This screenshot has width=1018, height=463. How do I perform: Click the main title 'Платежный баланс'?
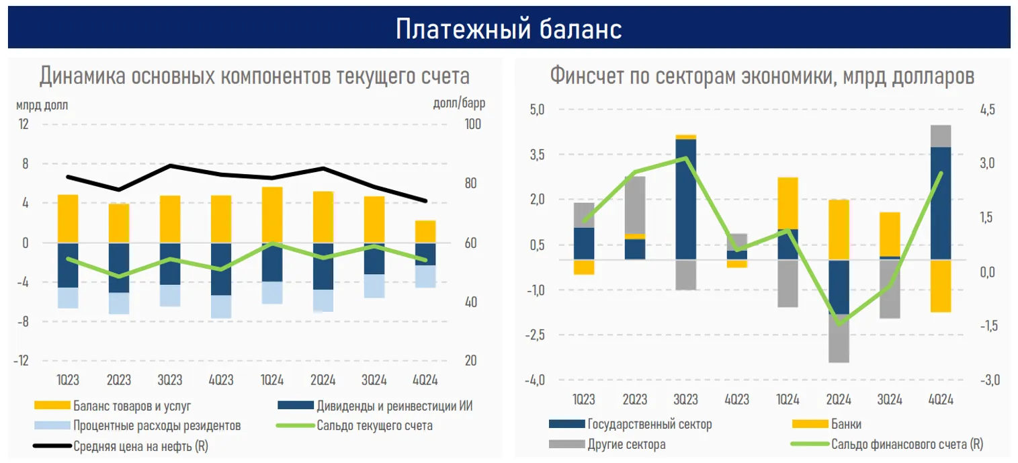pos(509,28)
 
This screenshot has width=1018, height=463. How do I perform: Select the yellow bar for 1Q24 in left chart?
pos(272,214)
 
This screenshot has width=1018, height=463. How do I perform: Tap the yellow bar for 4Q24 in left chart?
pos(425,231)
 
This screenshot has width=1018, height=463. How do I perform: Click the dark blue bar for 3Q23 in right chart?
pos(685,198)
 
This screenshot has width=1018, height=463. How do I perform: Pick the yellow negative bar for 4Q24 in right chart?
pos(940,286)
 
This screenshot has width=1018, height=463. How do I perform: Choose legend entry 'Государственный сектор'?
pos(649,424)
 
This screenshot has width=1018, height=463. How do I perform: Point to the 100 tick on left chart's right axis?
pos(473,125)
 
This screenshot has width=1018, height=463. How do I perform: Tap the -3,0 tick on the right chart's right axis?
pos(990,380)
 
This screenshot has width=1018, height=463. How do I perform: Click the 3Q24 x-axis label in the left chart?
pos(374,380)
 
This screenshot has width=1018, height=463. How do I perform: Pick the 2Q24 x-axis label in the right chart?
pos(838,399)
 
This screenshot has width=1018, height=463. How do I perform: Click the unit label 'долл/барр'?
pos(460,104)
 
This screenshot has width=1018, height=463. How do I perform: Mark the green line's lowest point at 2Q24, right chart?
pos(839,323)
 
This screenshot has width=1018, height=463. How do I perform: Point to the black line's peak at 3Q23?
pos(171,165)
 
